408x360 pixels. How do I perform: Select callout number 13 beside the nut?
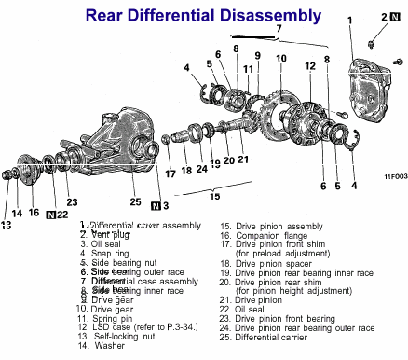coord(7,224)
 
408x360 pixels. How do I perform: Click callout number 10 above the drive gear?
coord(280,58)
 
